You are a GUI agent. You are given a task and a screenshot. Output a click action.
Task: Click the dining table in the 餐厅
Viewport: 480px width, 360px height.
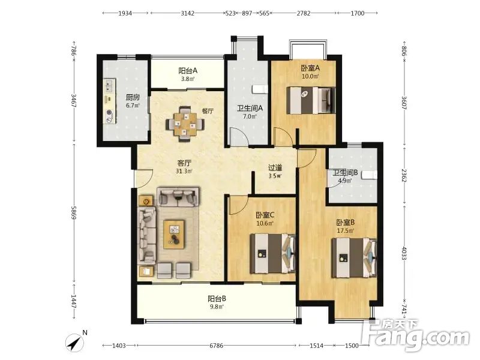click(x=185, y=125)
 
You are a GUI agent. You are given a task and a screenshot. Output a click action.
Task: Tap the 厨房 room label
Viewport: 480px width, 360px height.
click(x=133, y=97)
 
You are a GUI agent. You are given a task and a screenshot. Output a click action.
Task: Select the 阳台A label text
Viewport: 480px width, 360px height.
click(x=188, y=71)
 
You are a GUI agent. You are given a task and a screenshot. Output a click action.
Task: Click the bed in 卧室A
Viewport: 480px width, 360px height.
click(x=311, y=100)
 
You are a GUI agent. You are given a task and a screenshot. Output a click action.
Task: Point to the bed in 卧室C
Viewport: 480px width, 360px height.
click(x=273, y=253)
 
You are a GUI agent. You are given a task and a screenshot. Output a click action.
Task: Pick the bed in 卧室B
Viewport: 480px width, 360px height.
click(x=355, y=258)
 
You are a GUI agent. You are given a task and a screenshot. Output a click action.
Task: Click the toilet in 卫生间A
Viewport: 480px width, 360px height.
click(x=260, y=89)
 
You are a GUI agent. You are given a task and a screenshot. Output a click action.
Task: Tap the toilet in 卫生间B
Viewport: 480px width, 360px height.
click(x=369, y=175)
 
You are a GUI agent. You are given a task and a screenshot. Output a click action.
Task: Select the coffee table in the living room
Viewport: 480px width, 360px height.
click(x=174, y=234)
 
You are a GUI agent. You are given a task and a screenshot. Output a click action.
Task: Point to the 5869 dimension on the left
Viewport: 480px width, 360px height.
click(x=74, y=212)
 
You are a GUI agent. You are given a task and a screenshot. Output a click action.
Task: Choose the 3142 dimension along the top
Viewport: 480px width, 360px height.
click(x=187, y=13)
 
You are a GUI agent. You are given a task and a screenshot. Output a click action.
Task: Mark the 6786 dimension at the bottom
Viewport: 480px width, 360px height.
click(x=216, y=346)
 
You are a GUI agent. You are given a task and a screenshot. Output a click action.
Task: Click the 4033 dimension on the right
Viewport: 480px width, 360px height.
click(x=404, y=254)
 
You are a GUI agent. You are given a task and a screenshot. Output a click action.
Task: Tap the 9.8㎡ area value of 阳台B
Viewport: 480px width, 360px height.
click(x=217, y=307)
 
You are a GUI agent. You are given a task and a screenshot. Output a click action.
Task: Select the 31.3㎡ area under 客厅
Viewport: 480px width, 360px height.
click(x=184, y=172)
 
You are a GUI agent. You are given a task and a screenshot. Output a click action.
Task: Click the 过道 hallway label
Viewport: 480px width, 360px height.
click(x=275, y=168)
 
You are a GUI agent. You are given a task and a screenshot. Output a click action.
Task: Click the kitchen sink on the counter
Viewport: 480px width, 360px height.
click(x=110, y=86)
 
